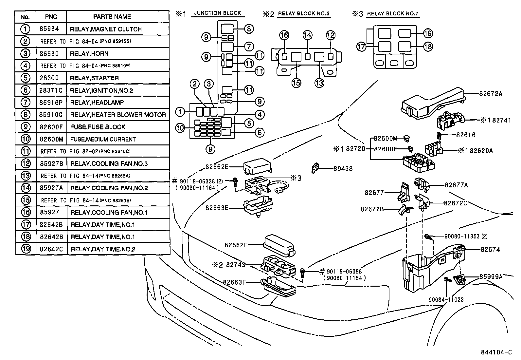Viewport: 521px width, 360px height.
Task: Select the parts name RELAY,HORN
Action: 89,54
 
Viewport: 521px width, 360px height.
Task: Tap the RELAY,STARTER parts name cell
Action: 94,78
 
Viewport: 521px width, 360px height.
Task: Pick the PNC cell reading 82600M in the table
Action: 51,139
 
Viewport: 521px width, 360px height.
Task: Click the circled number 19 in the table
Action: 26,249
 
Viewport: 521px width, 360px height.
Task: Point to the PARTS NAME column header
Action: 112,17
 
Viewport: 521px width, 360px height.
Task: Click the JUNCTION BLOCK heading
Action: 218,13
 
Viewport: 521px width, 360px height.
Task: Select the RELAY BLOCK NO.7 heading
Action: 393,14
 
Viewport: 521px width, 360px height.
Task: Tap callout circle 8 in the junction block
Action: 248,29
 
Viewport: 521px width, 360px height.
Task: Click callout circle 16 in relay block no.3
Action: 284,35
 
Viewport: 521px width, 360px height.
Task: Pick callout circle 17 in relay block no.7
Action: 361,47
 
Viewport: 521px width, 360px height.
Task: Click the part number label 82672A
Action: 491,93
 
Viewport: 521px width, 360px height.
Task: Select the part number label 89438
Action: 343,169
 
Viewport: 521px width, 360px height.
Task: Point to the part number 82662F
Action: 236,245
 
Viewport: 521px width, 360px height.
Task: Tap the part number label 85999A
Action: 491,276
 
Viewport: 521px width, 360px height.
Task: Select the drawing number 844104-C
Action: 496,352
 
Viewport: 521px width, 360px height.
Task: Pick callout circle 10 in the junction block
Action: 180,128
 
